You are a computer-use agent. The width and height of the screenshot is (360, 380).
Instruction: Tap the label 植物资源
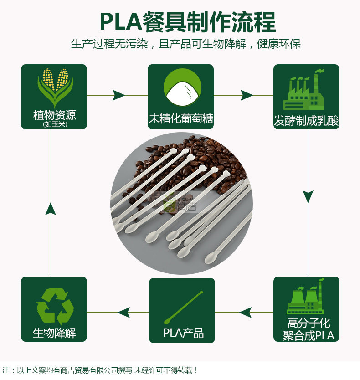click(x=55, y=115)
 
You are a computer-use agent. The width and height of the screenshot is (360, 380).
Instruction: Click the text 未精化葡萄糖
click(x=181, y=119)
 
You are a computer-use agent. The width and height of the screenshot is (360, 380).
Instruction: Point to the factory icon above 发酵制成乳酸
click(x=304, y=90)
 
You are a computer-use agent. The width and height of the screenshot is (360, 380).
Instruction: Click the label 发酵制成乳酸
click(x=306, y=121)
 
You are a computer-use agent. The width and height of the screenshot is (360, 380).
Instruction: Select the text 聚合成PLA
click(x=309, y=336)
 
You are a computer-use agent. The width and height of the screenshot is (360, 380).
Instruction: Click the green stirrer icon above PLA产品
click(x=184, y=307)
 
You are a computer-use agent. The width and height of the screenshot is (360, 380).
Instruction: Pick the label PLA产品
click(x=184, y=333)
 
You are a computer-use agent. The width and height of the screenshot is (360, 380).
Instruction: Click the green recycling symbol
click(x=55, y=306)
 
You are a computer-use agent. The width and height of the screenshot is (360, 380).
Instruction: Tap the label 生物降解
click(x=54, y=333)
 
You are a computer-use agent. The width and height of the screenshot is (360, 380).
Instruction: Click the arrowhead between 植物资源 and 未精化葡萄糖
click(x=118, y=95)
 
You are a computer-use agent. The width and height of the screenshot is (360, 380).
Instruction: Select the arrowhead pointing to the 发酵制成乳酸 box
click(x=247, y=95)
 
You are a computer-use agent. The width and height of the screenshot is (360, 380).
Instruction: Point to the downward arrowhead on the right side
click(x=308, y=196)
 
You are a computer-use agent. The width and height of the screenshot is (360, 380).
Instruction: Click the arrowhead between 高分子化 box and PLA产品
click(x=245, y=313)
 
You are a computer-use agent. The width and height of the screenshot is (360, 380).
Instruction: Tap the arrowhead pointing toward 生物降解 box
click(x=123, y=313)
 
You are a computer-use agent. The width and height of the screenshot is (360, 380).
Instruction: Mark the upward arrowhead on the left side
click(x=51, y=209)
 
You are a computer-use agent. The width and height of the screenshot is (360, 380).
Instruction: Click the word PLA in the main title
click(x=121, y=22)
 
